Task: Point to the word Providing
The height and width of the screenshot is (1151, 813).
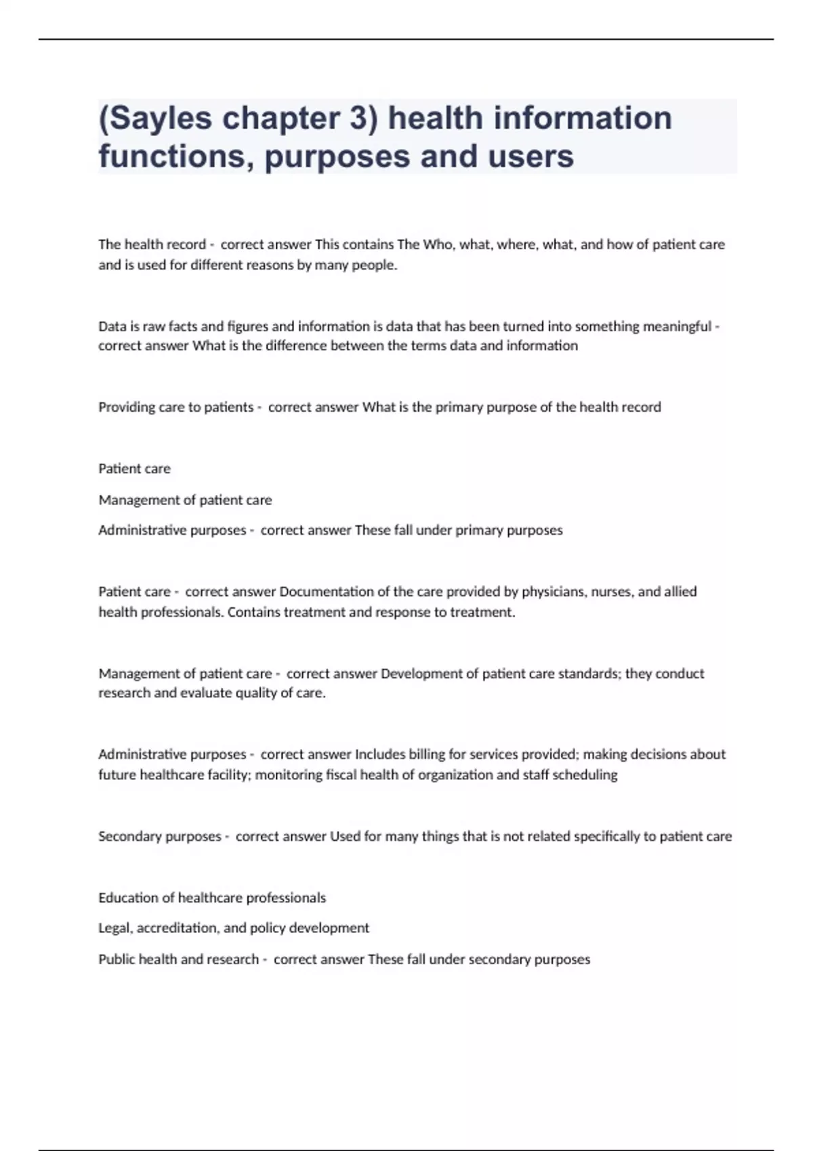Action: point(127,408)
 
